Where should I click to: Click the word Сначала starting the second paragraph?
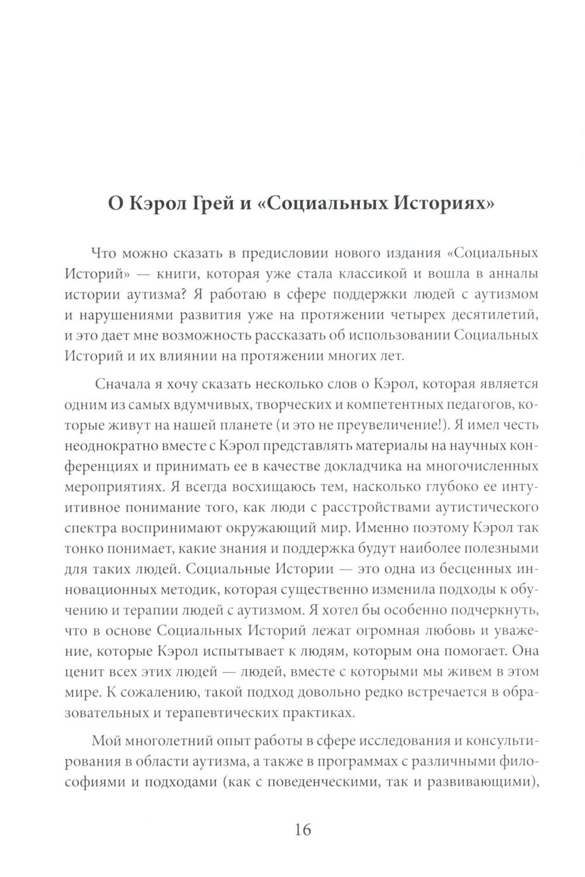coord(126,385)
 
